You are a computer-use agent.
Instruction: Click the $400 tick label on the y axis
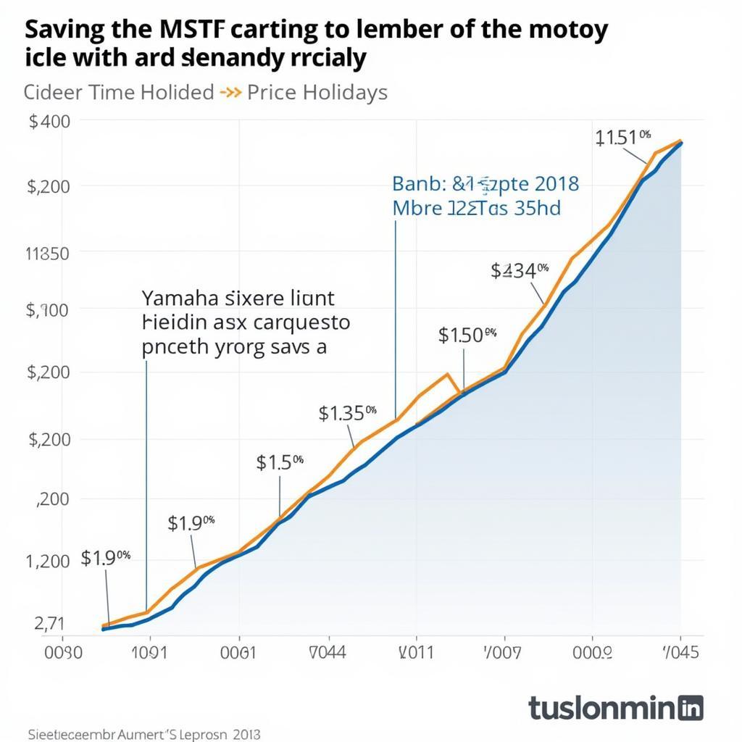coord(49,121)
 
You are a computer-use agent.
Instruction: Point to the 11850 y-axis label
coord(47,254)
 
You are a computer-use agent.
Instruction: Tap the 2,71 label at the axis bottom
coord(49,623)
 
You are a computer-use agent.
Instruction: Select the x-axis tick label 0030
coord(64,652)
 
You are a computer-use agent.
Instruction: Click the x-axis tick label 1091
coord(149,652)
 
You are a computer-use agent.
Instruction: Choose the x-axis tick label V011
coord(417,652)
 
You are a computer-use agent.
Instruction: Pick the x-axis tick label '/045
coord(680,652)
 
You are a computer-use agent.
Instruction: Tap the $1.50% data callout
coord(467,335)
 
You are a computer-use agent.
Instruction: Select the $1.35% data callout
coord(347,414)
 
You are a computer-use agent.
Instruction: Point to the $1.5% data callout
coord(280,462)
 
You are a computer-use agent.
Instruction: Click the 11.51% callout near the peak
coord(623,138)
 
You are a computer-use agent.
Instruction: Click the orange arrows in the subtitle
coord(230,93)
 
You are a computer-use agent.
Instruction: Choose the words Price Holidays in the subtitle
coord(317,93)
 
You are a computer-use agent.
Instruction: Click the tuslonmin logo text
coord(604,707)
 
